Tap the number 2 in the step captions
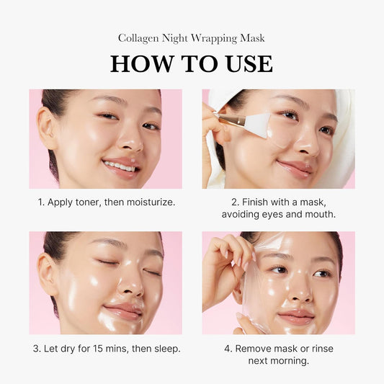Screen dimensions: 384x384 [x=234, y=202]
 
